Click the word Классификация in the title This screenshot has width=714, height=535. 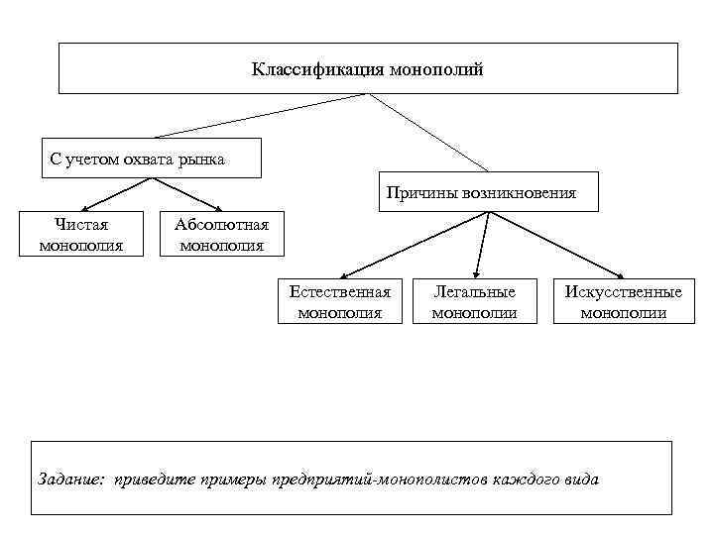(302, 69)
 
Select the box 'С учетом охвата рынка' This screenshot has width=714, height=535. (152, 158)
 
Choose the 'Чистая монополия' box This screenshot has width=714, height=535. (81, 235)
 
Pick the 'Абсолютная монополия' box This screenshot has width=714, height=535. (221, 235)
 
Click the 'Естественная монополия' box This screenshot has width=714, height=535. (339, 301)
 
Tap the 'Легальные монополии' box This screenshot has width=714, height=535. (475, 301)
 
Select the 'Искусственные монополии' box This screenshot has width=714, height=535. (623, 301)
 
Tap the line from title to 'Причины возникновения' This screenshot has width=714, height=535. (428, 131)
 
